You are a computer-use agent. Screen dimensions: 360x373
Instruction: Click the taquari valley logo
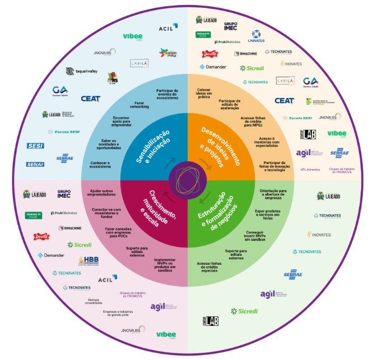[x=82, y=71]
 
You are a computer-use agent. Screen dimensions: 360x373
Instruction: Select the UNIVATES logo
[x=257, y=37]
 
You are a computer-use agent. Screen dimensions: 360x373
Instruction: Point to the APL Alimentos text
[x=310, y=169]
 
